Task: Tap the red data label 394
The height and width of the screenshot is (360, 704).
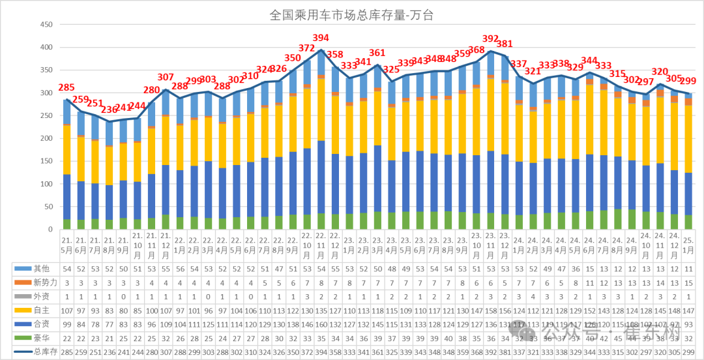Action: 321,38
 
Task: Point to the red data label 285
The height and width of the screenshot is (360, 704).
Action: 66,87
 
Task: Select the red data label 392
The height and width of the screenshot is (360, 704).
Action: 490,39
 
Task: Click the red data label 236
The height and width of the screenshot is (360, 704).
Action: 109,110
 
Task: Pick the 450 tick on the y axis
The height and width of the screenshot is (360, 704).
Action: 47,25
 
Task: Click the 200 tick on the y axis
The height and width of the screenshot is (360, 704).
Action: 47,138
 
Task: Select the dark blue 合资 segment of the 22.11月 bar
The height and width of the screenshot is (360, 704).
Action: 321,177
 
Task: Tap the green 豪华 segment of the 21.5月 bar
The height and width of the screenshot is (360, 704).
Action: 66,224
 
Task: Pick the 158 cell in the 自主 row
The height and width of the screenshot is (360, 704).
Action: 490,310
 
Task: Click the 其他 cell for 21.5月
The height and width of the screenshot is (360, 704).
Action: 66,269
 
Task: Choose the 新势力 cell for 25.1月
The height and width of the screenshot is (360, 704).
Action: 688,282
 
